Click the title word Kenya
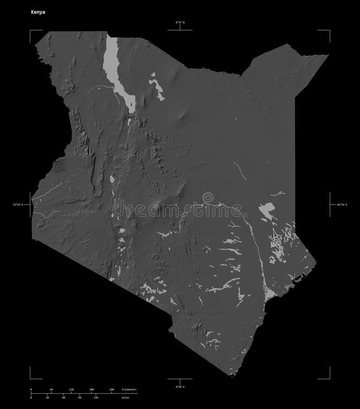pos(38,13)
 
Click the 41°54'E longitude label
pos(341,205)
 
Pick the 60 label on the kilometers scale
pos(51,389)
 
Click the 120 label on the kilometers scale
pos(71,389)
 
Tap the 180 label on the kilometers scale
pos(91,389)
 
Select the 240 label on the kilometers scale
pos(111,389)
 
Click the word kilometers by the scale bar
pos(129,389)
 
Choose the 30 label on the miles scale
pos(47,398)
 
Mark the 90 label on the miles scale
pos(79,398)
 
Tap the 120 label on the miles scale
pos(96,398)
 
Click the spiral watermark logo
pos(207,198)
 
